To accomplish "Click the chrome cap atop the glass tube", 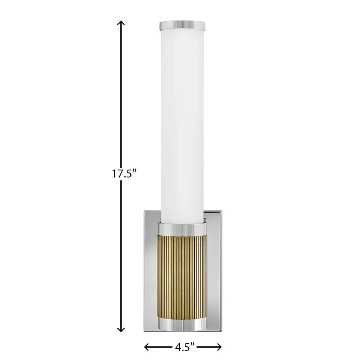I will tap(183, 25).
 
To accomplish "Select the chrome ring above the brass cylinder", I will tap(183, 229).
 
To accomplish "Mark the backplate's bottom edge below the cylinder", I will tap(183, 331).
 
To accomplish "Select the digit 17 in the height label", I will tap(116, 175).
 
